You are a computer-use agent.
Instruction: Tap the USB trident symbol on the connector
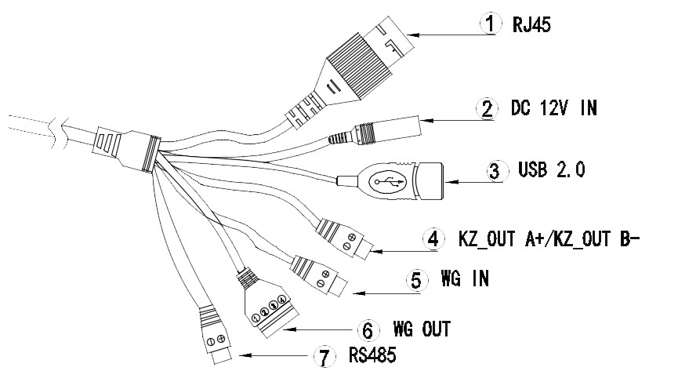[390, 181]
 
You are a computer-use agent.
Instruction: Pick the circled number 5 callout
[417, 279]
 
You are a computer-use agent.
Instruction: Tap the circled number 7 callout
[321, 358]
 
